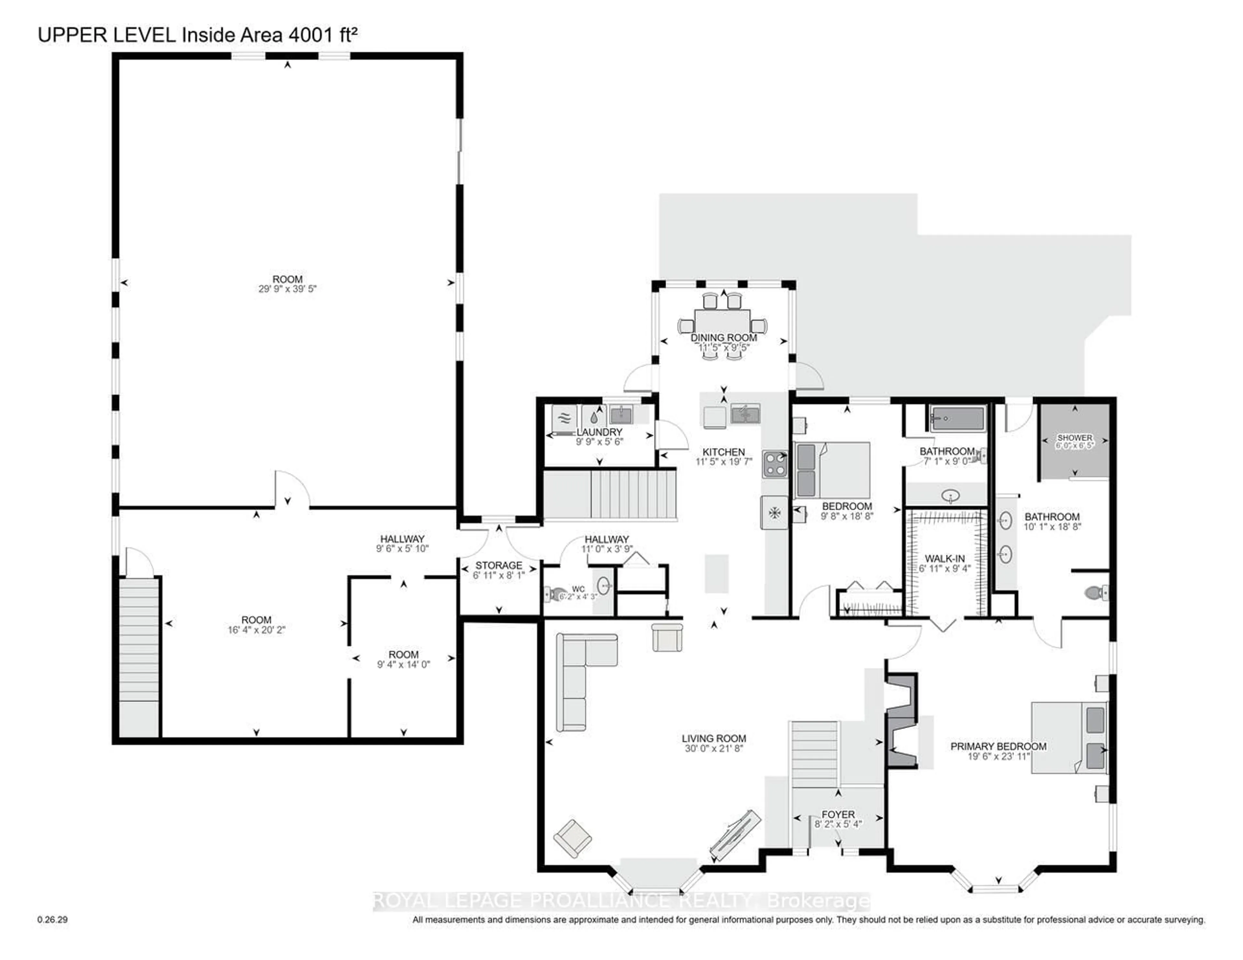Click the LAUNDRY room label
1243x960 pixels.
pyautogui.click(x=599, y=432)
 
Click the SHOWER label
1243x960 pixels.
pyautogui.click(x=1075, y=438)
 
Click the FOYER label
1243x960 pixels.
pyautogui.click(x=838, y=814)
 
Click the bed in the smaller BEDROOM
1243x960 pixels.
pyautogui.click(x=832, y=470)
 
